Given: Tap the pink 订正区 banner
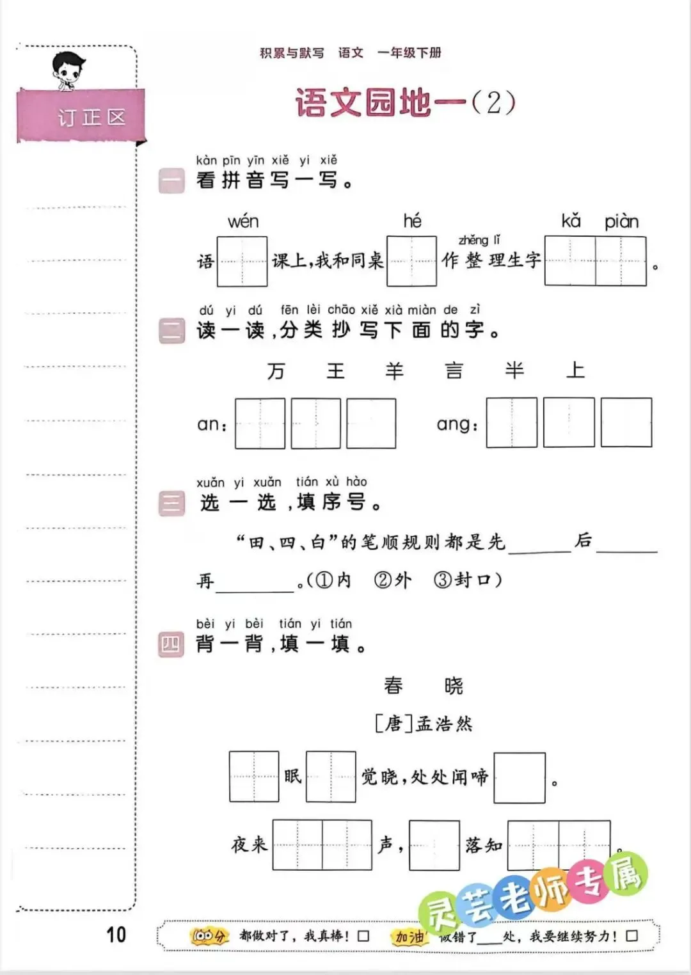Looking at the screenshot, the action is (x=82, y=116).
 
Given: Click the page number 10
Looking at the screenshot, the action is (x=116, y=935).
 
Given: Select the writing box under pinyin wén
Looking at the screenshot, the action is (x=242, y=261).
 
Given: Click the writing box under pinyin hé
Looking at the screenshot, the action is (x=411, y=261).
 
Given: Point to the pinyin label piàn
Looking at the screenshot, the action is (x=621, y=222).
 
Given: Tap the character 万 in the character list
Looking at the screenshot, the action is (x=276, y=371).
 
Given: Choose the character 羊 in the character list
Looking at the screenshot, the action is (x=394, y=371).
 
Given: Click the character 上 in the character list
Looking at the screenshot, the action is (x=575, y=370).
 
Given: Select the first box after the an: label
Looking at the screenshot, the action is (x=260, y=423).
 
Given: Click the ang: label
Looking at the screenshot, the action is (x=457, y=424).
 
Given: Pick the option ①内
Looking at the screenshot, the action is (x=334, y=580).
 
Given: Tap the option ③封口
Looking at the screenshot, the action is (x=466, y=580).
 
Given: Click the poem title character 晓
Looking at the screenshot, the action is (x=454, y=686).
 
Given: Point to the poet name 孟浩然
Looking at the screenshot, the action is (x=444, y=724).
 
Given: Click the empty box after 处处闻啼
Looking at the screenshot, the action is (x=520, y=777).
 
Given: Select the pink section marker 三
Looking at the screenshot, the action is (x=171, y=503).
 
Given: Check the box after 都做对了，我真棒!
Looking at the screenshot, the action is (x=363, y=936).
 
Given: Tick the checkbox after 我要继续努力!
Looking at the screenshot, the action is (x=631, y=936).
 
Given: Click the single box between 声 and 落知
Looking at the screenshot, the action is (x=434, y=845).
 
